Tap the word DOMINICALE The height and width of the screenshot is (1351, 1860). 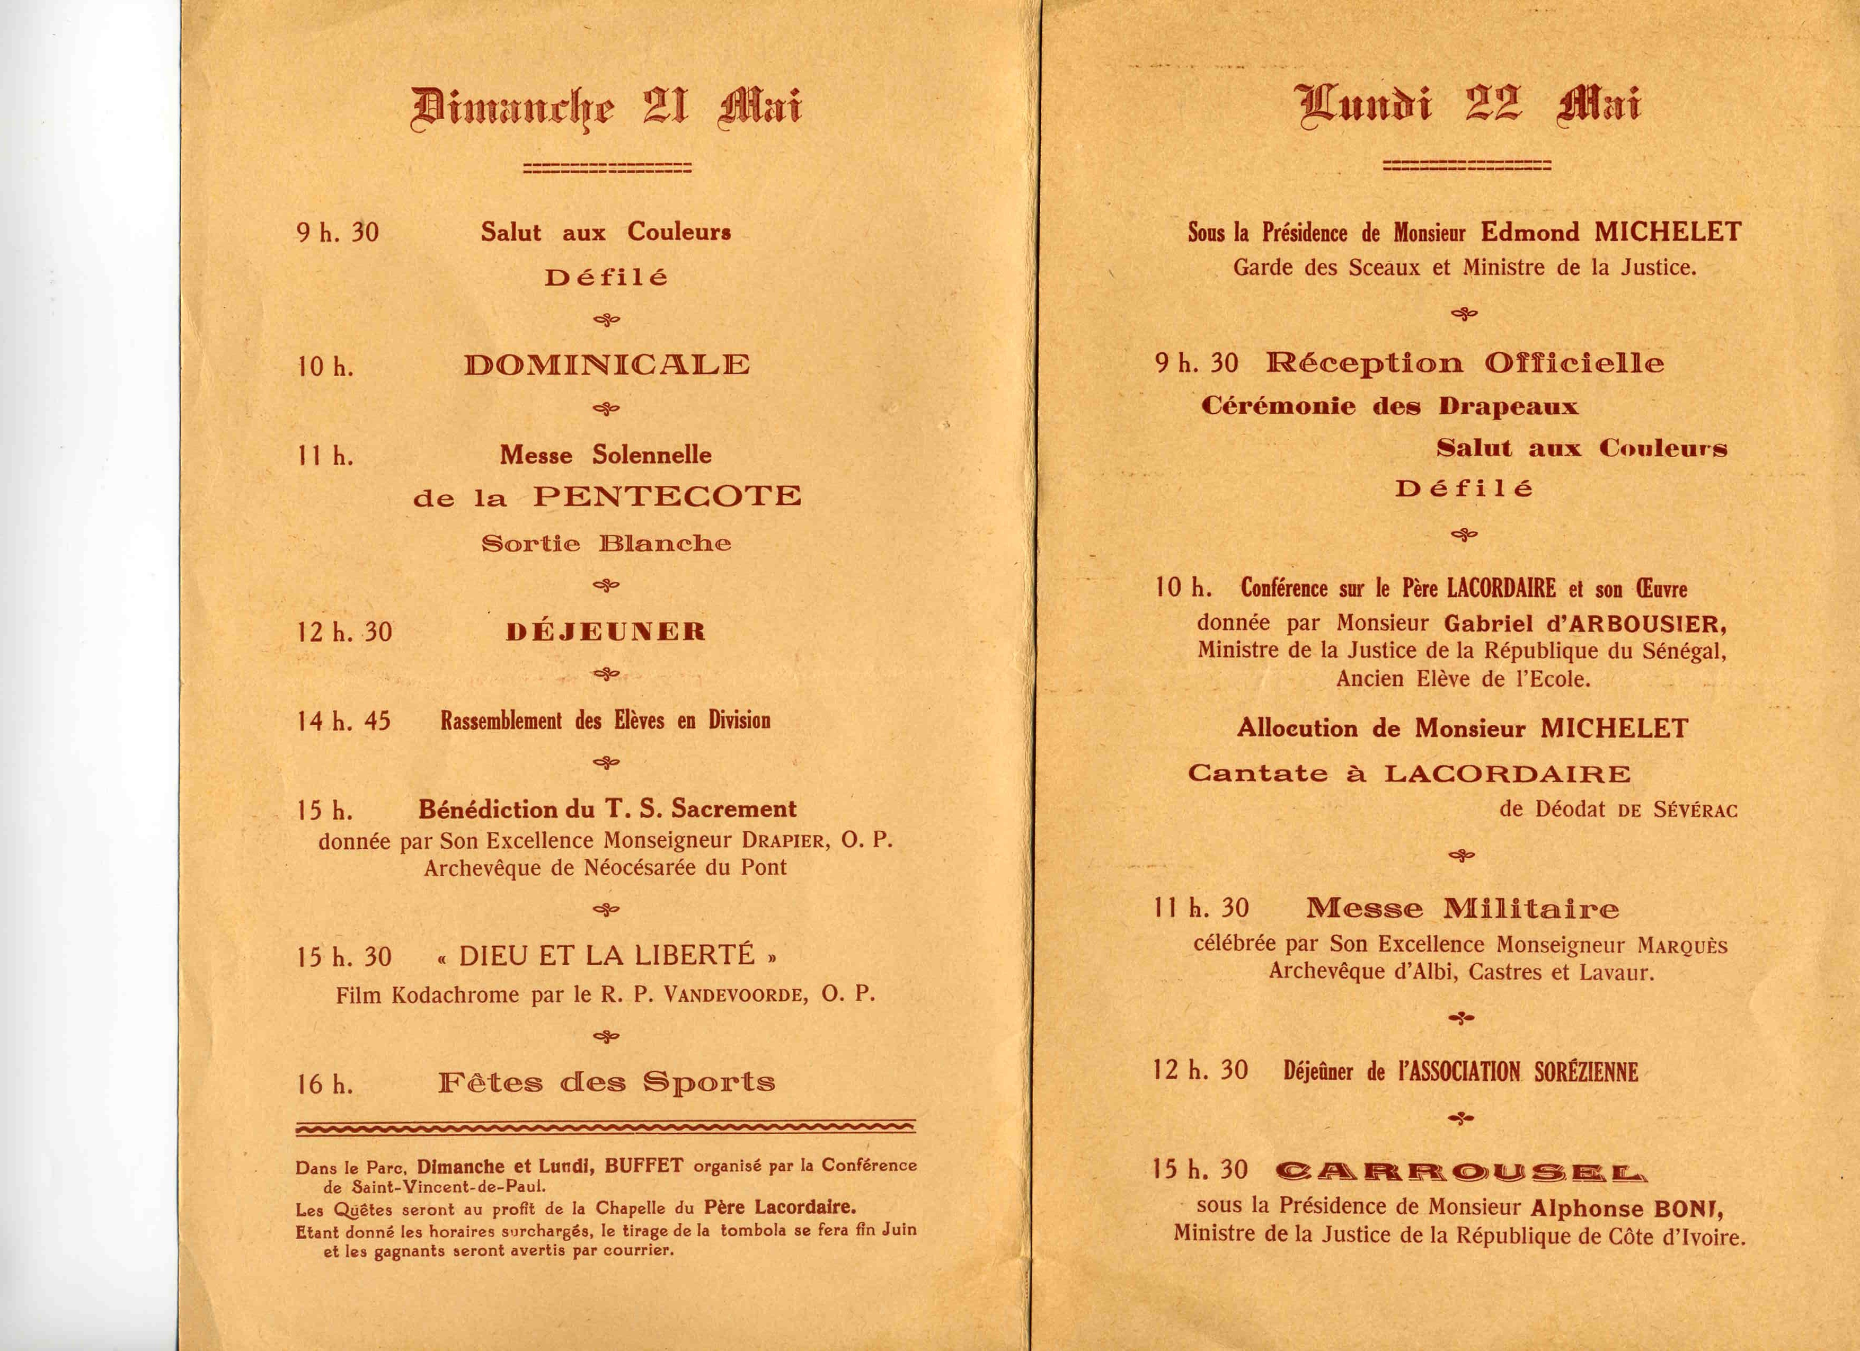point(607,365)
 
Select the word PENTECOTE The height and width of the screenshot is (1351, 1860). point(667,496)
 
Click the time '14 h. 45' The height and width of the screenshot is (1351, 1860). point(343,722)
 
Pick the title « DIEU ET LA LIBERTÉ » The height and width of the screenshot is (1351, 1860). point(606,956)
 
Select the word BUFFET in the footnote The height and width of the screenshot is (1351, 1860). point(644,1166)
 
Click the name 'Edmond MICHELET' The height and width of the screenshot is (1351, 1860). point(1611,233)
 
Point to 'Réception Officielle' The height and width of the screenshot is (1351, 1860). point(1465,363)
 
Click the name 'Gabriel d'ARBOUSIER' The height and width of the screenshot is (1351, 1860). point(1584,624)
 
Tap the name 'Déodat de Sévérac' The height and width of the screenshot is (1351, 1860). point(1618,810)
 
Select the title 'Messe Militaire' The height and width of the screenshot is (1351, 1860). point(1462,908)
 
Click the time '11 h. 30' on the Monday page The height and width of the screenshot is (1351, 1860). point(1201,908)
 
